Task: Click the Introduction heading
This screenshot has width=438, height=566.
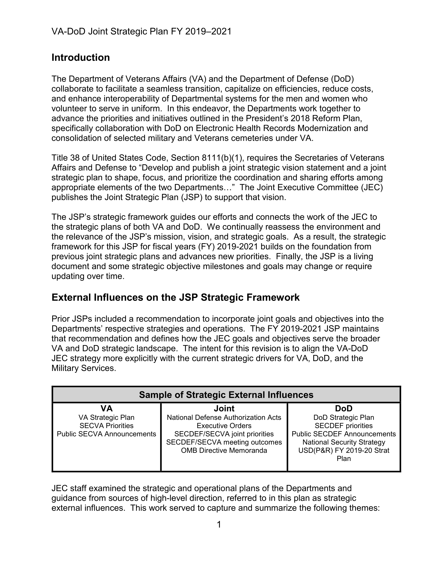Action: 80,58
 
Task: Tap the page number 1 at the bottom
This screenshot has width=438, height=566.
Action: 219,525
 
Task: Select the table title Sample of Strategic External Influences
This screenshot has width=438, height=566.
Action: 226,395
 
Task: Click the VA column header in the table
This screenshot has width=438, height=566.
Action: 106,409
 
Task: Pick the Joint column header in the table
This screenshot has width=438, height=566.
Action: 224,409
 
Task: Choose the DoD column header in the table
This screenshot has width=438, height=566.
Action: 344,409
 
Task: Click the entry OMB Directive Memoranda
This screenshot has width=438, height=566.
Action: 224,450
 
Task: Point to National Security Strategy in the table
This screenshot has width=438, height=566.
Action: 344,442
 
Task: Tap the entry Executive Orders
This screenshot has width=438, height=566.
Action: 224,426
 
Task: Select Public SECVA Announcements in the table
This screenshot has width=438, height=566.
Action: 106,434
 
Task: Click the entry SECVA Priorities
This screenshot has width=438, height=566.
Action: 106,426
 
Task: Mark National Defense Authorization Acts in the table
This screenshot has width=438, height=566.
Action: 224,418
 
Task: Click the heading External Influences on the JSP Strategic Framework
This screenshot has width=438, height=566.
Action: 175,297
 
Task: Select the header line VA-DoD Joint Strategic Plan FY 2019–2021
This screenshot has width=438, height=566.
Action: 141,31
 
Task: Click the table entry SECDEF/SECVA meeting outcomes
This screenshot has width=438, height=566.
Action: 224,442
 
